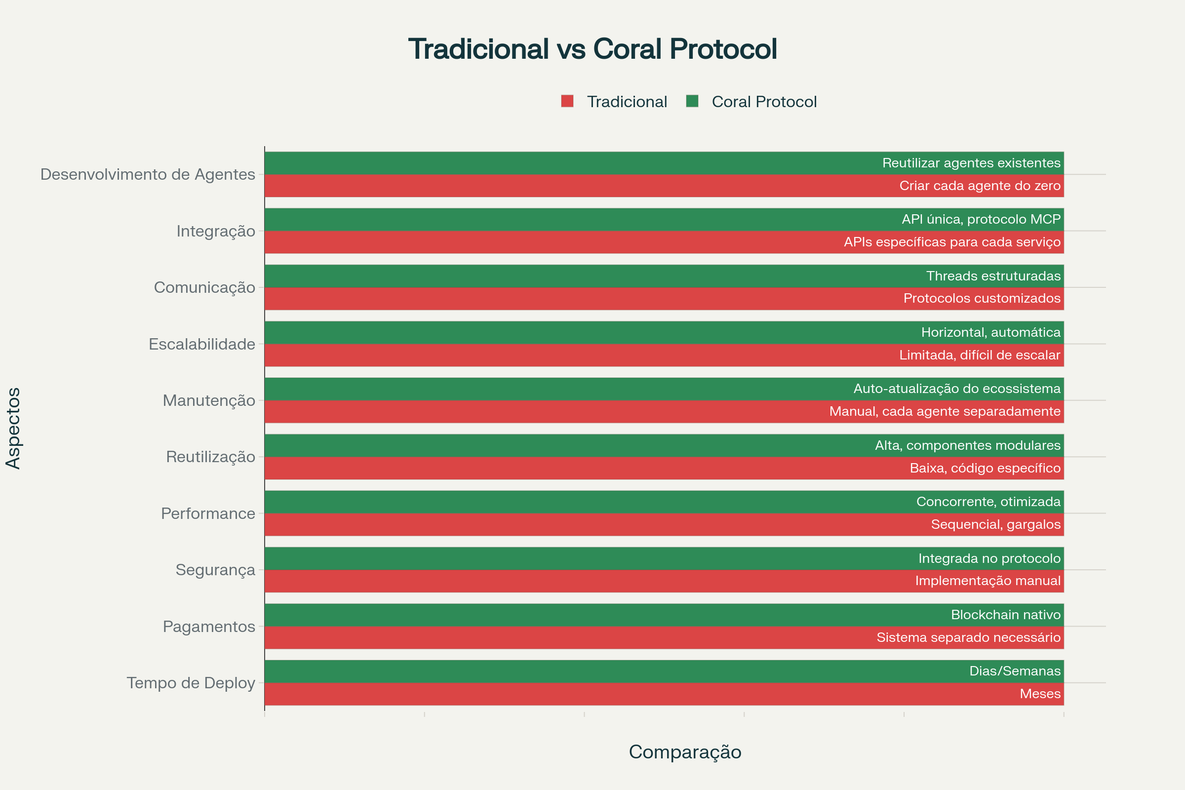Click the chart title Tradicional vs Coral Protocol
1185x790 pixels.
tap(592, 49)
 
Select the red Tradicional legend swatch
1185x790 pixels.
tap(567, 101)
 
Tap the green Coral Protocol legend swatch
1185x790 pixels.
tap(692, 101)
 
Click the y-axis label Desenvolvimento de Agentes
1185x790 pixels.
tap(148, 174)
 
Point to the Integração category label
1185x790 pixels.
tap(216, 231)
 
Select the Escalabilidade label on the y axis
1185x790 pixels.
tap(201, 344)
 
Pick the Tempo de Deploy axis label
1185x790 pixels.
tap(191, 683)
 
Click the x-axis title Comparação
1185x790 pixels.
tap(685, 751)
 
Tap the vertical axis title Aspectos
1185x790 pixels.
tap(14, 428)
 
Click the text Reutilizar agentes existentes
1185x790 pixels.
tap(971, 163)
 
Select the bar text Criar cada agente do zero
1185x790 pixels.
tap(980, 186)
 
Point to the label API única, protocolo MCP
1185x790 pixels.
tap(981, 219)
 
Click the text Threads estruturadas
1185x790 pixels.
tap(993, 276)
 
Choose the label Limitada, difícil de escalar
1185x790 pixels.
tap(980, 355)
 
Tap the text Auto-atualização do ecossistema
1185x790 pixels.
tap(956, 389)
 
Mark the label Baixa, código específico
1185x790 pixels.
tap(985, 468)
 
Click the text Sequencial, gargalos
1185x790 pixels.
tap(995, 524)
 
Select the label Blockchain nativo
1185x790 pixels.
tap(1005, 615)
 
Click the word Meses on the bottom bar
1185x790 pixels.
tap(1040, 694)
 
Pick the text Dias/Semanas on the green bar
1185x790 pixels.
tap(1014, 671)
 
